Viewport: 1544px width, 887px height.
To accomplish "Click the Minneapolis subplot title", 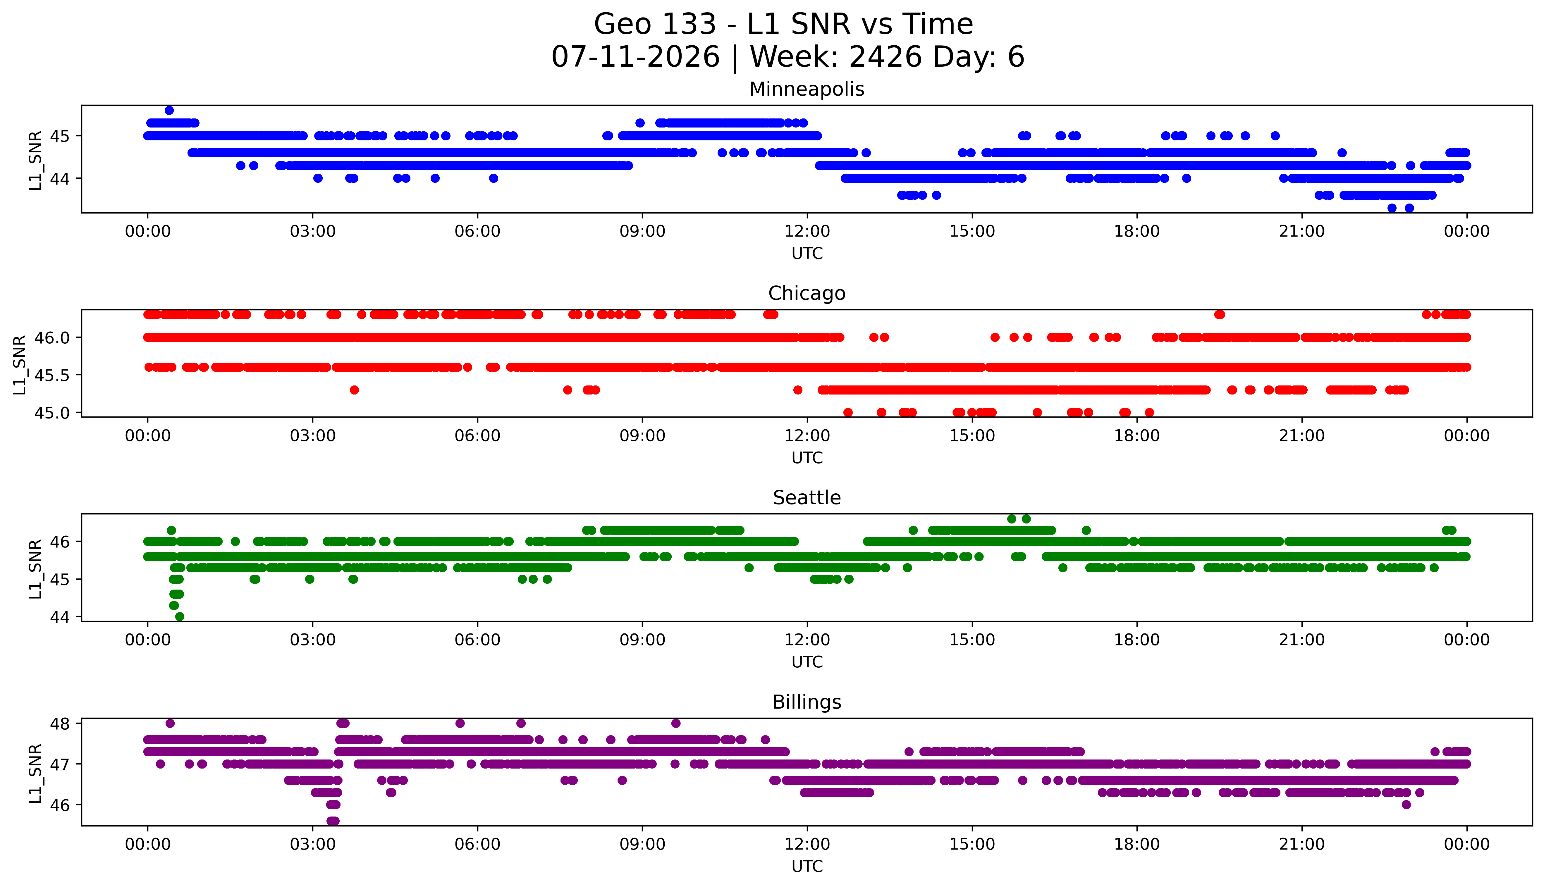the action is (x=807, y=89).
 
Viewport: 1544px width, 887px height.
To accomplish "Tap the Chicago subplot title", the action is (x=807, y=293).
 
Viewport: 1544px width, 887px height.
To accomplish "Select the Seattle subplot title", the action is (x=807, y=498).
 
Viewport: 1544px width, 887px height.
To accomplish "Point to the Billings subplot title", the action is (x=807, y=702).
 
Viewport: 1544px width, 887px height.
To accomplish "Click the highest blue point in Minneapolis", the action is (x=169, y=110).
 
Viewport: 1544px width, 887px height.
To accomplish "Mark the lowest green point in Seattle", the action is (x=180, y=616).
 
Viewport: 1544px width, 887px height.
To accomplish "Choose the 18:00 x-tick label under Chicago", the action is (x=1137, y=435).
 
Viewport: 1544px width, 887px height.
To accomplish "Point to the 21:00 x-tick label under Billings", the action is (x=1301, y=844).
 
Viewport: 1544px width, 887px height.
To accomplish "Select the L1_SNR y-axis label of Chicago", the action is (x=20, y=364).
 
